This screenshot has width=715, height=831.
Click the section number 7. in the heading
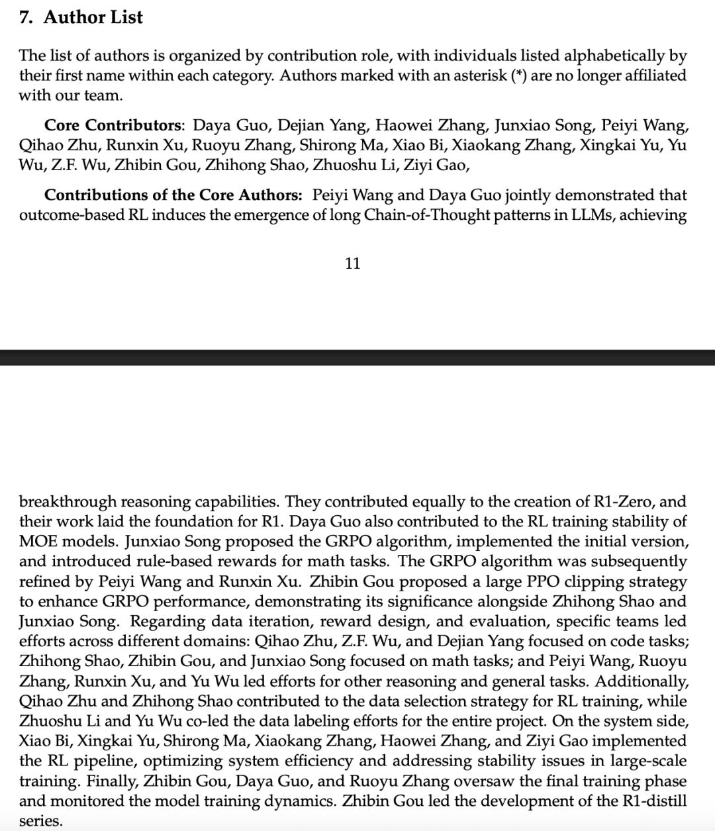pos(26,17)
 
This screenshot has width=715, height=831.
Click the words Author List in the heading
pos(93,17)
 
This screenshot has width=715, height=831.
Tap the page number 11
pos(353,264)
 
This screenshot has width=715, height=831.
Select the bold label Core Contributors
pos(113,125)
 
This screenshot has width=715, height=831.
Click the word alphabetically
pos(605,56)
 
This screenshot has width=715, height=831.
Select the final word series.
pos(40,821)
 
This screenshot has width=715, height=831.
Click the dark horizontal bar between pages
pos(358,358)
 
